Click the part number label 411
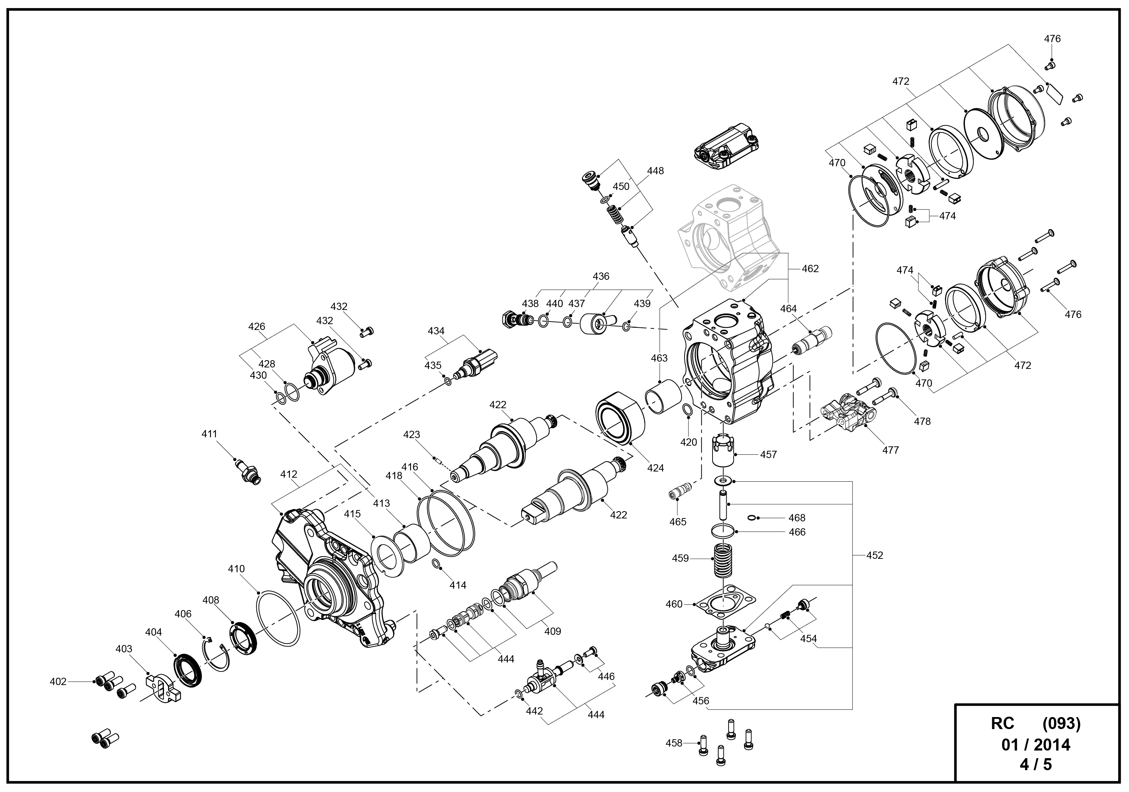tap(209, 434)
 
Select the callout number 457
tap(769, 454)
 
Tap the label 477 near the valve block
tap(890, 450)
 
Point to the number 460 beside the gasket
tap(674, 604)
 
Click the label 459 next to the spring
tap(681, 558)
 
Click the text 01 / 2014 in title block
tap(1036, 745)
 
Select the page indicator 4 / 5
tap(1036, 764)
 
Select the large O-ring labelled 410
tap(278, 619)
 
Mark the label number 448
tap(655, 171)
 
